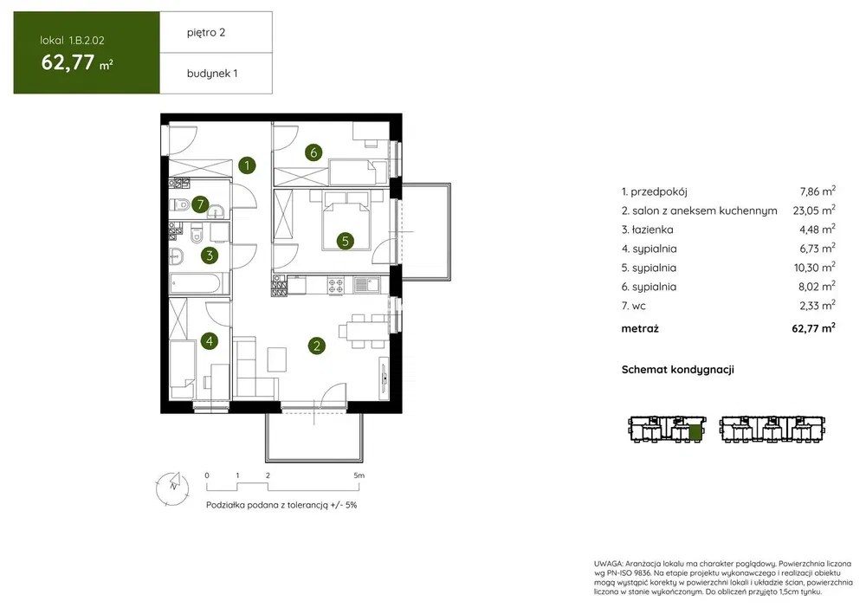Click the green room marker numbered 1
tap(247, 165)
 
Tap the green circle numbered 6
tap(313, 152)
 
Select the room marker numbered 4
tap(210, 341)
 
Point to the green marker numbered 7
tap(201, 204)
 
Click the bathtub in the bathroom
tap(199, 284)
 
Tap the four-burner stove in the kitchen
tap(336, 285)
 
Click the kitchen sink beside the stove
tap(366, 285)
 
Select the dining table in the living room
tap(363, 332)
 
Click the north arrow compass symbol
tap(173, 488)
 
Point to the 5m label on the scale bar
tap(359, 475)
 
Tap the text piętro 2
tap(206, 33)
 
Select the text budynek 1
tap(212, 74)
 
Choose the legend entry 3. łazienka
tap(647, 230)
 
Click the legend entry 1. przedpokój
tap(655, 192)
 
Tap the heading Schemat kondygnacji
tap(678, 370)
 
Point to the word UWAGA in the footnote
tap(608, 564)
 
